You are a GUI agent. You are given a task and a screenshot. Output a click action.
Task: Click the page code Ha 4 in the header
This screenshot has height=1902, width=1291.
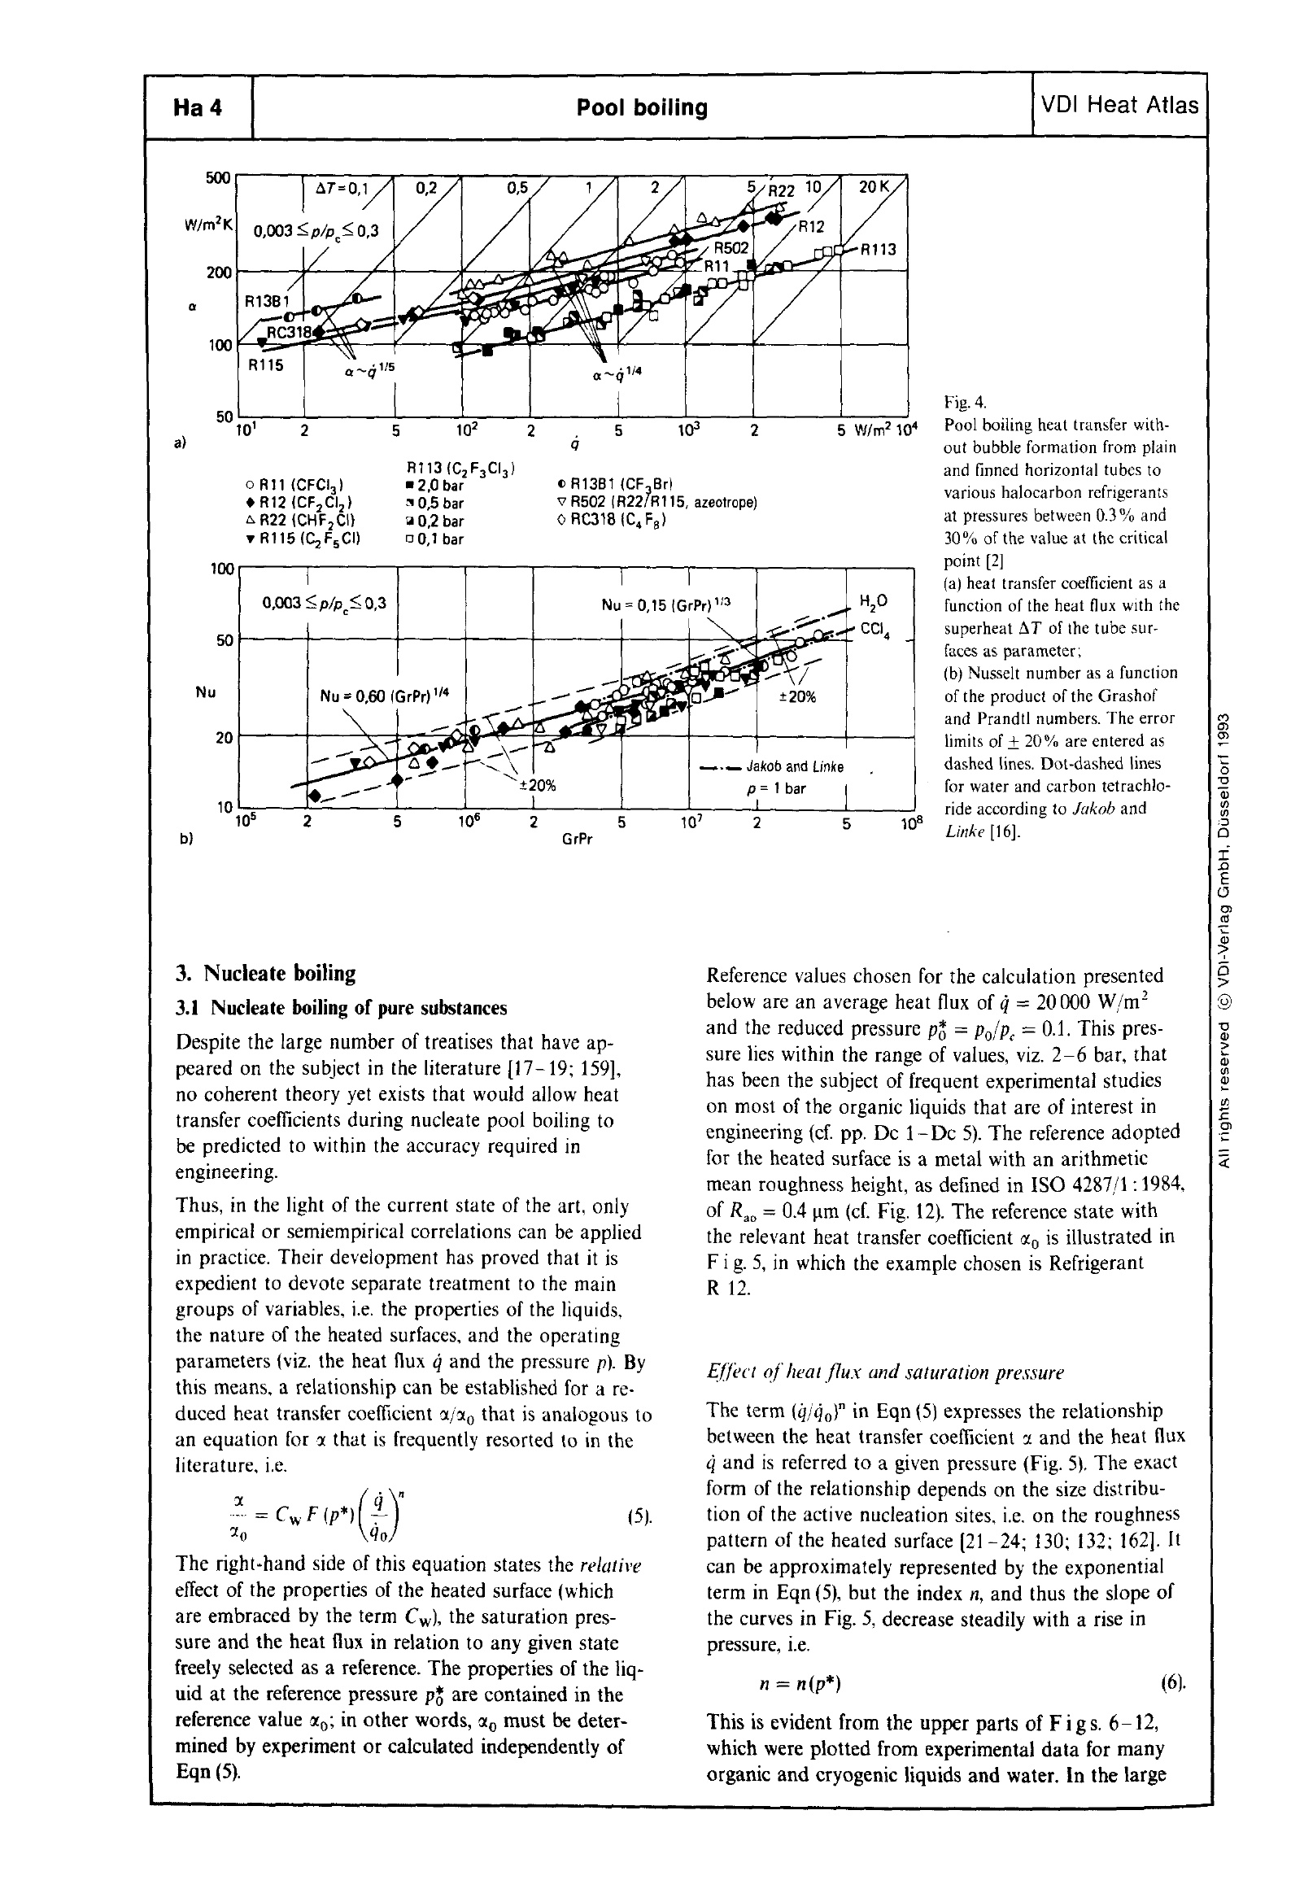tap(198, 108)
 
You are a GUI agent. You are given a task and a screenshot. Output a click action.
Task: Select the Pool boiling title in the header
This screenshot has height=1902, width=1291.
tap(642, 108)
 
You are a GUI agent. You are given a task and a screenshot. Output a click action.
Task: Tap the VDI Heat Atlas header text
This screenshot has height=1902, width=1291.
tap(1119, 106)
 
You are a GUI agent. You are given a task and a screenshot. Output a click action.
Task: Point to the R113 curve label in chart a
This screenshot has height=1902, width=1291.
tap(878, 251)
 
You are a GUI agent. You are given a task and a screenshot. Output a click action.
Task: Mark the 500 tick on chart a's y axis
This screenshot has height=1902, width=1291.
tap(219, 178)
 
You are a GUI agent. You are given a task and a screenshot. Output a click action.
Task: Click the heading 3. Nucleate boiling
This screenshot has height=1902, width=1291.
tap(266, 973)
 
